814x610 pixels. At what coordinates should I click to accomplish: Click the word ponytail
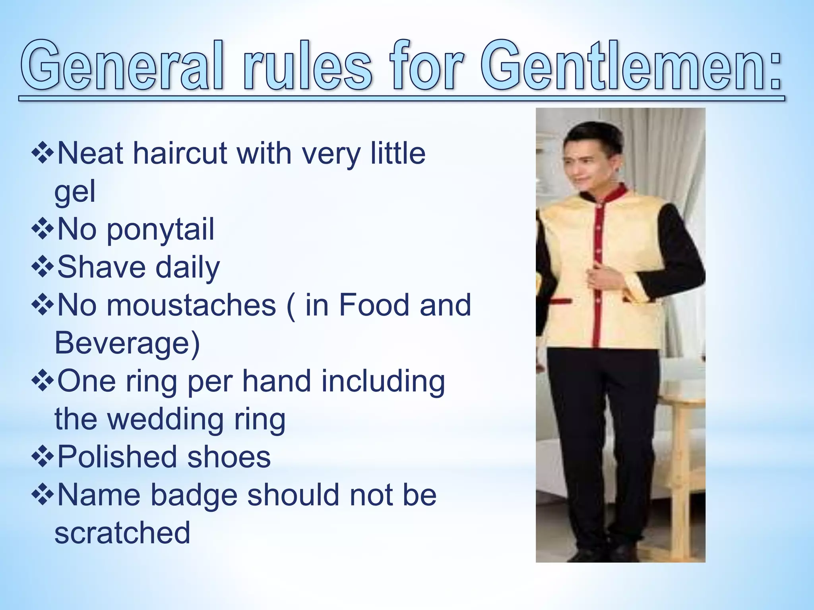pos(160,230)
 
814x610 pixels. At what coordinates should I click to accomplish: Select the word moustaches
pos(191,305)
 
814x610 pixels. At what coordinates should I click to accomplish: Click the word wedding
pos(165,419)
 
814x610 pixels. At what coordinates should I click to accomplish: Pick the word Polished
pos(117,457)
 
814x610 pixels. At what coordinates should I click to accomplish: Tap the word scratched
pos(122,533)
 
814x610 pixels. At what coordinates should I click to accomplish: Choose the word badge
pos(194,496)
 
